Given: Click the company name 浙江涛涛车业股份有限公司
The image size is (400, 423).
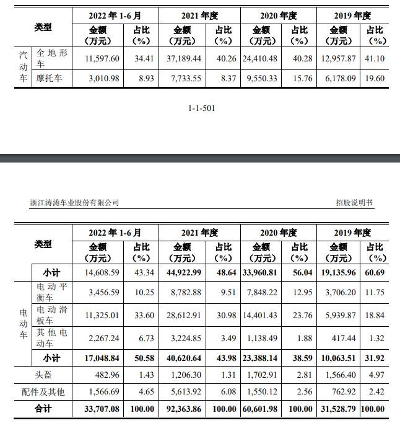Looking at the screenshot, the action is pyautogui.click(x=74, y=203).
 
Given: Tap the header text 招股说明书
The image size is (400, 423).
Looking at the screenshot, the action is pyautogui.click(x=354, y=203).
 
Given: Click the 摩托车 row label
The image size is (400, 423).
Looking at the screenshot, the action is pyautogui.click(x=52, y=79).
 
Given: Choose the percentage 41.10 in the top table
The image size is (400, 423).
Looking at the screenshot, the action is pyautogui.click(x=375, y=57).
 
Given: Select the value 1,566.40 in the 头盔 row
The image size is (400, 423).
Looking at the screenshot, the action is pyautogui.click(x=339, y=375).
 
